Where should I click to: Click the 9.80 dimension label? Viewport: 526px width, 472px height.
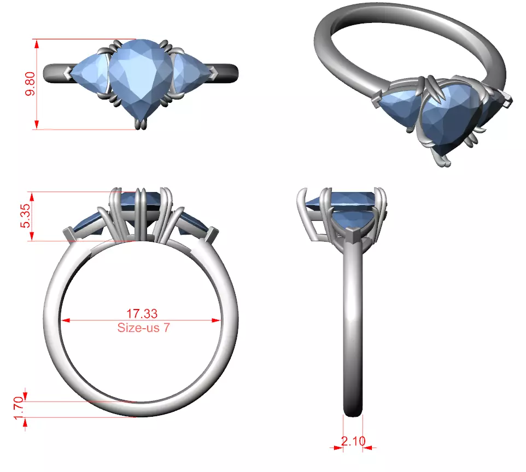pos(32,84)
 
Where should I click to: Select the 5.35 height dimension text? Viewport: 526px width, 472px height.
pos(25,216)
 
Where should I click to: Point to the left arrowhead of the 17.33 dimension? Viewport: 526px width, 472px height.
pos(65,321)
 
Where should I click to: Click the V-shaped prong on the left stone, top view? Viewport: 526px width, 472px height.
pos(67,73)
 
